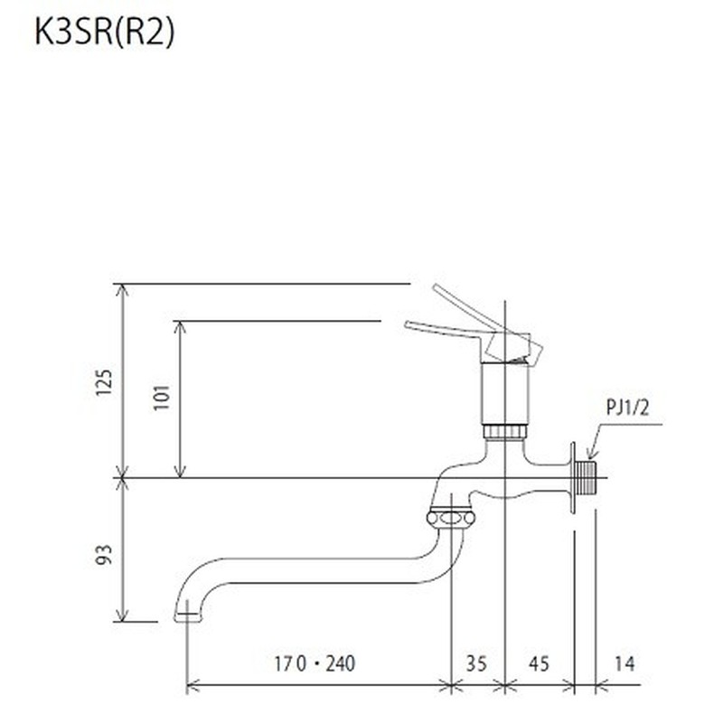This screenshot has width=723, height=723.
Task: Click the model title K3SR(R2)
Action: [x=104, y=32]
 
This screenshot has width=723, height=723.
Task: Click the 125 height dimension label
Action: [x=105, y=383]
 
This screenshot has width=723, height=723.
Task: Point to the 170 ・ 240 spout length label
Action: [x=315, y=664]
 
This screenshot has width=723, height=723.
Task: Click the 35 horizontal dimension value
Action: [x=476, y=664]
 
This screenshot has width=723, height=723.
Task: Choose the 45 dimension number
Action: [x=539, y=664]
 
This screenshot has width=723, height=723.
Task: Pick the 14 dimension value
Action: [x=624, y=664]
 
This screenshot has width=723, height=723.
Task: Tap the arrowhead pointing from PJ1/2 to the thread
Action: [x=589, y=455]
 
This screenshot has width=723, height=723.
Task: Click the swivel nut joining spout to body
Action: [x=449, y=519]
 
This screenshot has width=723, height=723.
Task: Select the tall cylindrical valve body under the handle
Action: [x=504, y=393]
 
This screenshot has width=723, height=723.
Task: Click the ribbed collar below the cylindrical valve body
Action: [x=504, y=431]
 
